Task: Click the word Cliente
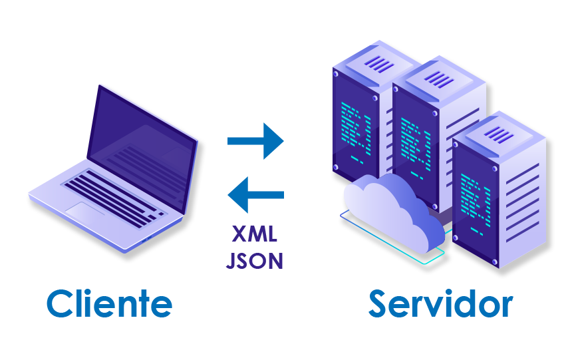(109, 304)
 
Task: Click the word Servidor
(440, 304)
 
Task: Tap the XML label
(255, 234)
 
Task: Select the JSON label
(255, 260)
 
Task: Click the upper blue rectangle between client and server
(255, 140)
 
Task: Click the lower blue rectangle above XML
(255, 194)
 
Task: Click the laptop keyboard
(113, 197)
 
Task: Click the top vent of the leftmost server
(380, 64)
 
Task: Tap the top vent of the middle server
(440, 79)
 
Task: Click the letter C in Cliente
(59, 304)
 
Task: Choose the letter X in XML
(239, 234)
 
